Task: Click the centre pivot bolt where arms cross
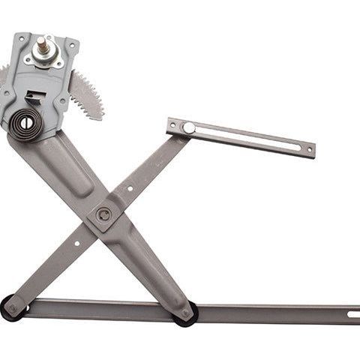[x=103, y=215]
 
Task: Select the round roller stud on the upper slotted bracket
[x=189, y=128]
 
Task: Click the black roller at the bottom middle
[x=185, y=312]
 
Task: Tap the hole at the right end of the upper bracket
[x=307, y=148]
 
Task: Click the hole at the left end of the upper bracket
[x=172, y=124]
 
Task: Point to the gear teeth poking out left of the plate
[x=4, y=75]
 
